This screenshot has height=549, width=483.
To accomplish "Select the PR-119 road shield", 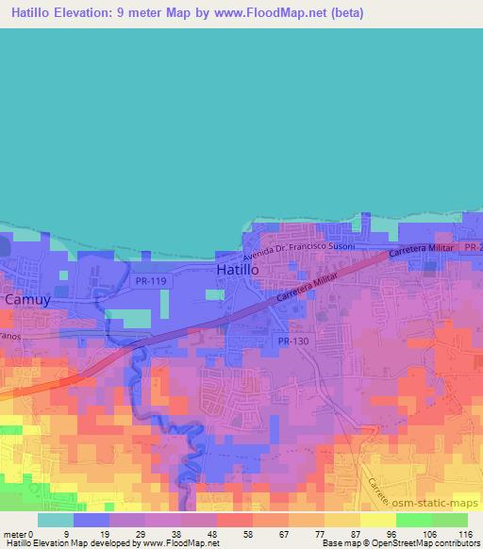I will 151,281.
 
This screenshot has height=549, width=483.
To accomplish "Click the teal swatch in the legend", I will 56,520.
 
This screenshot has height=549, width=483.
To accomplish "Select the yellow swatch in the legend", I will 377,520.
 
